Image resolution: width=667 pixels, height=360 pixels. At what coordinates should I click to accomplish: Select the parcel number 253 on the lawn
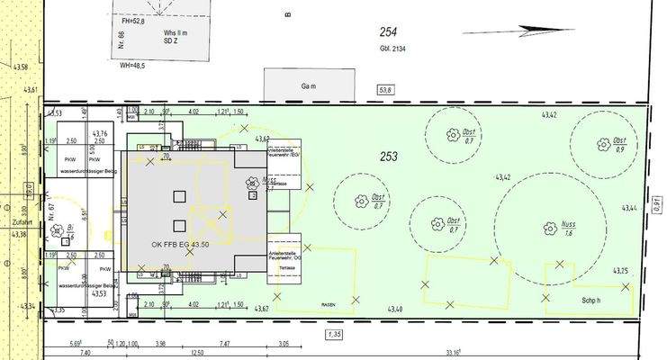(388, 157)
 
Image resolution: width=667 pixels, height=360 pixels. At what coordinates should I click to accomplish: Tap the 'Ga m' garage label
(286, 88)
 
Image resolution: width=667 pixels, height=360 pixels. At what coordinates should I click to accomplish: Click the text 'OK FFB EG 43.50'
(180, 244)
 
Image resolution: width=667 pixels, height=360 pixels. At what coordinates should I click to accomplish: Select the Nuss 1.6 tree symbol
(545, 229)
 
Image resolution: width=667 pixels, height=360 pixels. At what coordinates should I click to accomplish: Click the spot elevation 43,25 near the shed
(619, 271)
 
